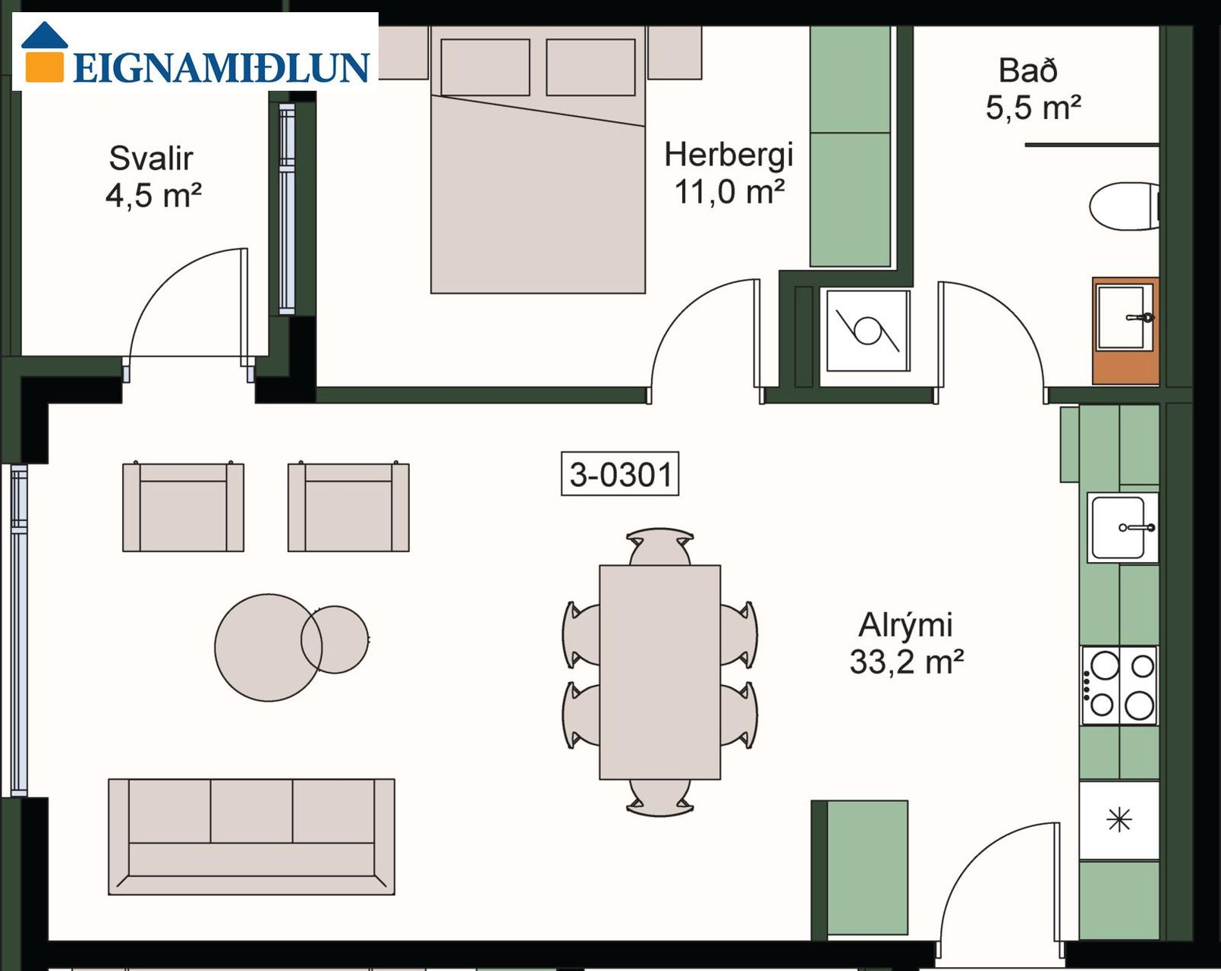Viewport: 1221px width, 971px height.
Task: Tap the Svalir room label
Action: click(151, 159)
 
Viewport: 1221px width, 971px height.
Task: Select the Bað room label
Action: click(1028, 71)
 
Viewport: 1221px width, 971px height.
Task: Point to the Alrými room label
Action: click(905, 626)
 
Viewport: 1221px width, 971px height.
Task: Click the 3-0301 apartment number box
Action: click(620, 474)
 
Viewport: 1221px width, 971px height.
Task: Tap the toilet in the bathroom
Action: click(1124, 206)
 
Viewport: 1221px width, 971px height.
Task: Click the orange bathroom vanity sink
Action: click(1125, 331)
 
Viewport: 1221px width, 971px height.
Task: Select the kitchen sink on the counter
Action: click(1122, 527)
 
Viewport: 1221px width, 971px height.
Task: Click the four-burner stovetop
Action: click(1119, 685)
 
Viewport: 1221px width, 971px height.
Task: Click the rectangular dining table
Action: click(660, 672)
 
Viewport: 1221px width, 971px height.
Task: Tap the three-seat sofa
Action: click(251, 837)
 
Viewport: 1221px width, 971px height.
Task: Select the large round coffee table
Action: click(269, 648)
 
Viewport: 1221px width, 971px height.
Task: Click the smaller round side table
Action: click(335, 639)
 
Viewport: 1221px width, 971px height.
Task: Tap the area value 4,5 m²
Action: click(153, 196)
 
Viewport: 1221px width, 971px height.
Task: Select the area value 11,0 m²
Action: click(729, 192)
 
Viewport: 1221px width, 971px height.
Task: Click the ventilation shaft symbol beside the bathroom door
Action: click(867, 331)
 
